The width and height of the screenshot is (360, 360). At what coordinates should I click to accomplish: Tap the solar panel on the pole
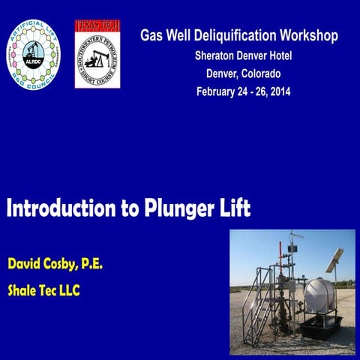pyautogui.click(x=334, y=259)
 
